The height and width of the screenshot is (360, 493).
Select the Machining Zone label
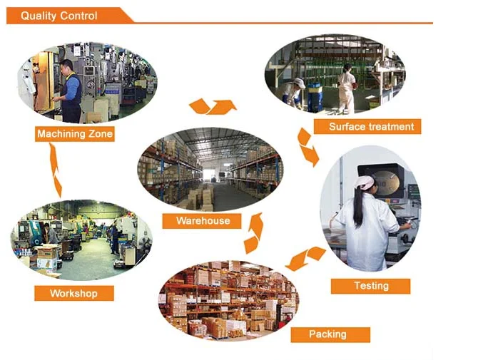tap(74, 133)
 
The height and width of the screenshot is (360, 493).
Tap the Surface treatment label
tap(371, 127)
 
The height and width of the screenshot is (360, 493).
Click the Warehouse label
tap(203, 221)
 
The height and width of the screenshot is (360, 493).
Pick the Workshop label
tap(73, 293)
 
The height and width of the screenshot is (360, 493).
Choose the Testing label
tap(371, 286)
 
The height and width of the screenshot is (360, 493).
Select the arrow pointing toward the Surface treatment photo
tap(213, 107)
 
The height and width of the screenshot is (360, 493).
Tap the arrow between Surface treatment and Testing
tap(308, 147)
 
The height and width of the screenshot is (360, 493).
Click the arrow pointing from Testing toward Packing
tap(305, 257)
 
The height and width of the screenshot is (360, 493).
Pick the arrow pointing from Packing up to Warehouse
tap(253, 233)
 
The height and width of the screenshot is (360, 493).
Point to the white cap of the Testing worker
tap(365, 183)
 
